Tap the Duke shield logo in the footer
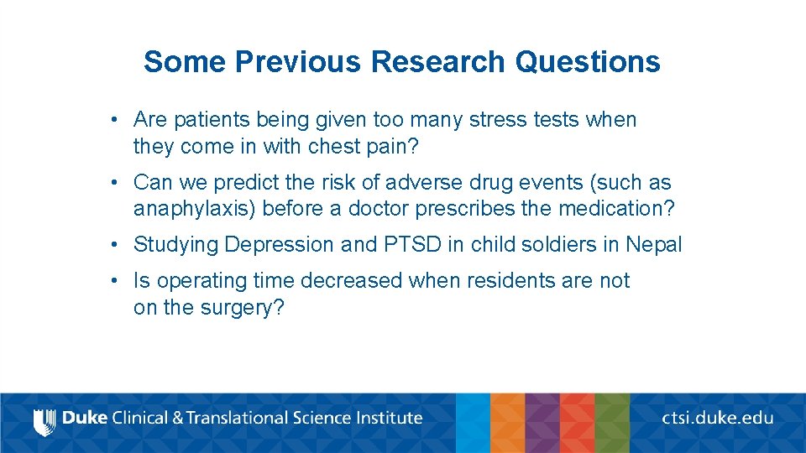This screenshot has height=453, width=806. click(44, 421)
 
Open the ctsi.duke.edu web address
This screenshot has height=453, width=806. click(717, 418)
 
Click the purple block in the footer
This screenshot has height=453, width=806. click(542, 423)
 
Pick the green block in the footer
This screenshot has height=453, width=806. click(612, 423)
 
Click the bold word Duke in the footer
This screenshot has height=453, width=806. click(85, 418)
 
